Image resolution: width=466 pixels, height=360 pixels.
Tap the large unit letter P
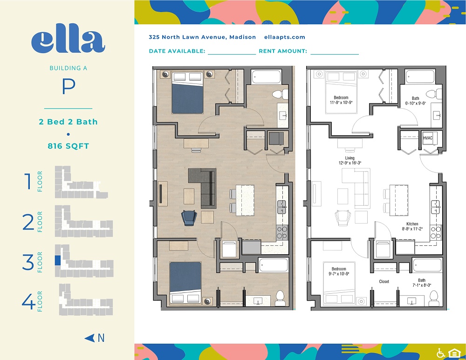click(x=69, y=86)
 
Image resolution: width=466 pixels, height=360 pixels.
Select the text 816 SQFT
click(x=69, y=146)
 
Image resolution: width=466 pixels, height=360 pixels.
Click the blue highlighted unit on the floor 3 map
click(x=58, y=260)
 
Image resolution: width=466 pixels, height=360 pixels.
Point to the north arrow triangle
click(x=89, y=338)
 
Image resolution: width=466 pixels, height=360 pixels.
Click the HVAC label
click(x=428, y=138)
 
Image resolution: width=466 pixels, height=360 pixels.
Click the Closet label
click(x=384, y=282)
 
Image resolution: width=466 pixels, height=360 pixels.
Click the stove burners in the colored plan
click(x=282, y=233)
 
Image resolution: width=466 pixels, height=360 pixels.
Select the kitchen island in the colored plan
click(x=245, y=200)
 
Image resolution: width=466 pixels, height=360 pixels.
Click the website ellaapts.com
click(x=285, y=37)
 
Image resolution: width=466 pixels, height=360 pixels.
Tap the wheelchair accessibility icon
click(x=441, y=353)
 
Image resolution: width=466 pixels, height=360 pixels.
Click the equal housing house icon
click(x=454, y=353)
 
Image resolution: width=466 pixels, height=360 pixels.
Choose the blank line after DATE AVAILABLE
click(x=232, y=54)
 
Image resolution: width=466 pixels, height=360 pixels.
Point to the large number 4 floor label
click(x=28, y=301)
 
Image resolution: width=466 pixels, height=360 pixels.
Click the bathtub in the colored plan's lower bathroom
click(x=274, y=265)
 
